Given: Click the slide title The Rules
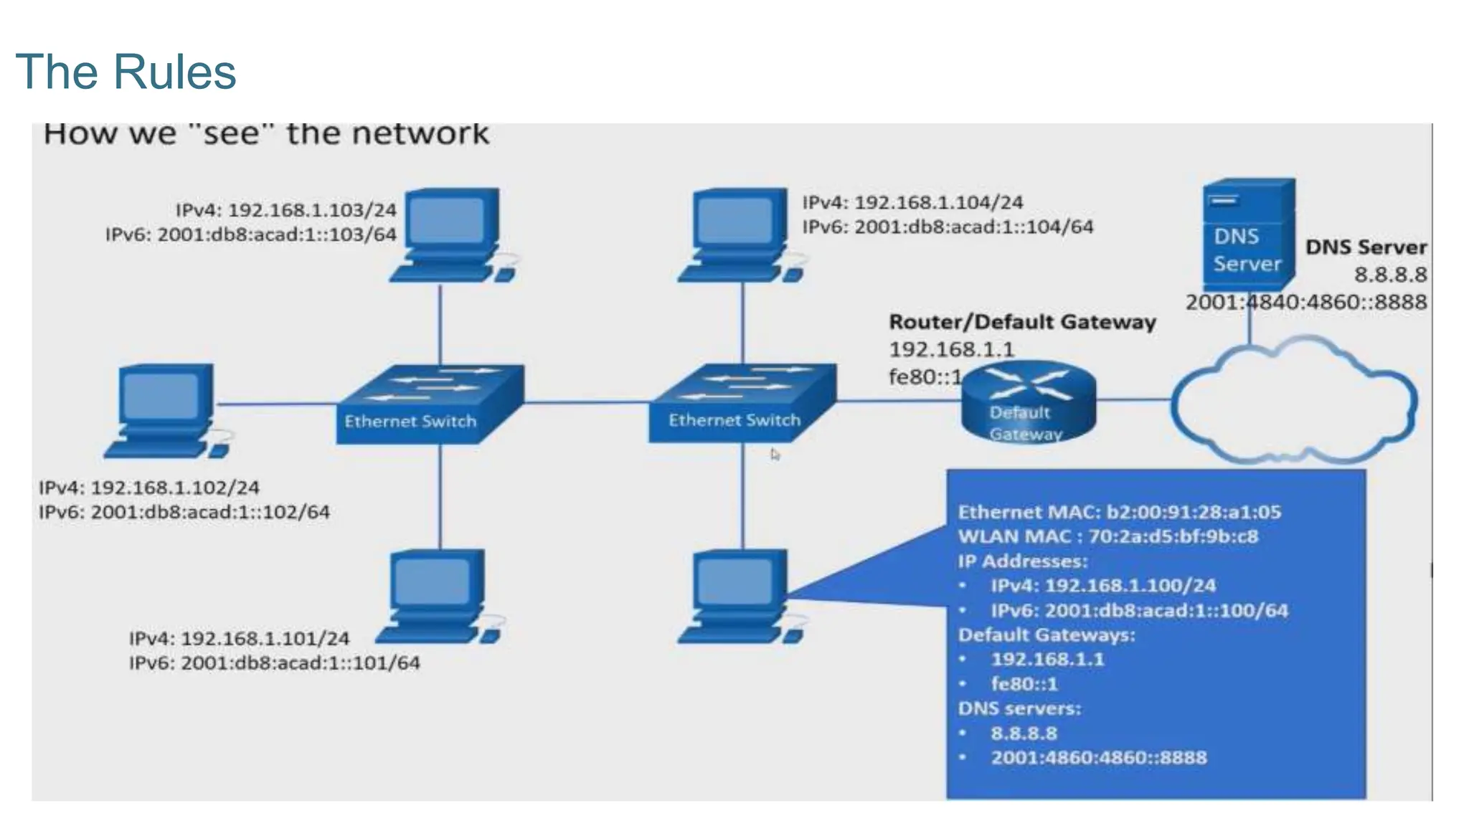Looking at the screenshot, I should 126,72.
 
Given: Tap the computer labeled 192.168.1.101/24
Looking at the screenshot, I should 438,595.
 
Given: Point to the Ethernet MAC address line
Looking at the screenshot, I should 1119,512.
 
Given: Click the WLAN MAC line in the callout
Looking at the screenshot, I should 1107,536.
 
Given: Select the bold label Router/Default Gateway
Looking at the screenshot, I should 1022,322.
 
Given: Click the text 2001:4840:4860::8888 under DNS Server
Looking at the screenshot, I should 1305,302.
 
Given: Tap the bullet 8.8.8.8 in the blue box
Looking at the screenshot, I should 1024,733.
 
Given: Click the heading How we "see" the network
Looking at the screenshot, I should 265,134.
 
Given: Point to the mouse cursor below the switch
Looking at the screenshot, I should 775,455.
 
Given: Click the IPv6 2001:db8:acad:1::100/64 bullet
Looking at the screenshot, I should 1138,610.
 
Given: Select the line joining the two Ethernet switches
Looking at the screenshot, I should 587,403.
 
